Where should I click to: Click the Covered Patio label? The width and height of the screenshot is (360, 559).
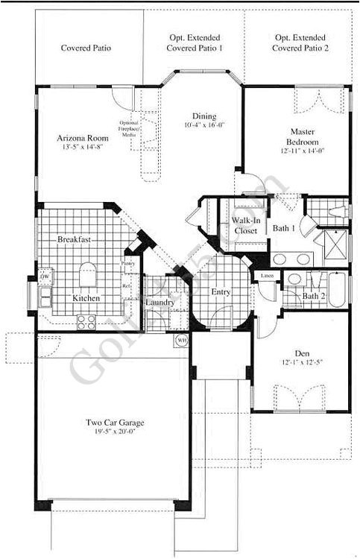click(x=86, y=48)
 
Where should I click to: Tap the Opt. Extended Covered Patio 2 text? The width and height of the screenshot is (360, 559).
click(x=300, y=42)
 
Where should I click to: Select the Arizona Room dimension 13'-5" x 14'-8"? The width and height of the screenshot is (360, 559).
click(x=83, y=148)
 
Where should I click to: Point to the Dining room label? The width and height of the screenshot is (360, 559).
click(x=203, y=116)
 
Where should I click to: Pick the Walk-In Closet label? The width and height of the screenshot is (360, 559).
click(x=244, y=226)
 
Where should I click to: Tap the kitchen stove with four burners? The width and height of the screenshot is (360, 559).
click(x=86, y=323)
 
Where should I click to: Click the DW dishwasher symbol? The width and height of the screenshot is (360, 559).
click(x=45, y=277)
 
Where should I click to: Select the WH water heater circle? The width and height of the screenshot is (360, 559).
click(x=182, y=341)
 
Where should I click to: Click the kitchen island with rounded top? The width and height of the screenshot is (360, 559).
click(x=88, y=274)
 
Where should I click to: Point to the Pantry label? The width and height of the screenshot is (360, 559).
click(x=127, y=263)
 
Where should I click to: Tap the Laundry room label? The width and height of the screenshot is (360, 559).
click(x=160, y=303)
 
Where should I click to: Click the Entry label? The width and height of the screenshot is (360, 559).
click(x=221, y=292)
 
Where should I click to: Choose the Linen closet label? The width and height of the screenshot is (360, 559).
click(x=266, y=276)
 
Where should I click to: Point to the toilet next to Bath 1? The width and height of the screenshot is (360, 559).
click(x=319, y=209)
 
